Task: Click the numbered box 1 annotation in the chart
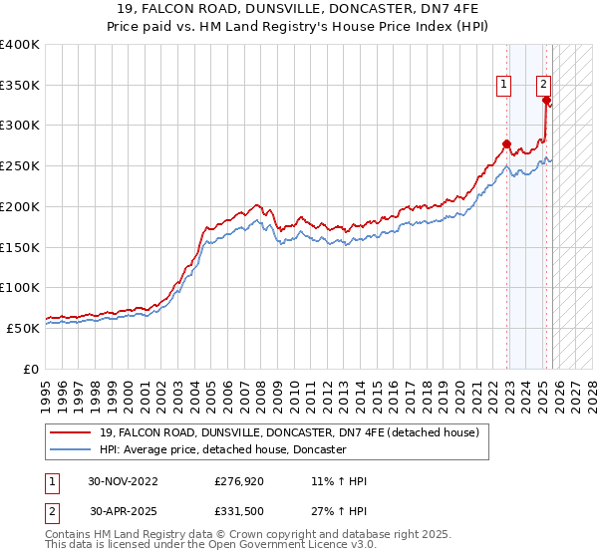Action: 504,86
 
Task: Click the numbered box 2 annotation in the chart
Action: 544,86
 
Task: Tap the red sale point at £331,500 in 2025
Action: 546,100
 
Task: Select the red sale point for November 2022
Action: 506,143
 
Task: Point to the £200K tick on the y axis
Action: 20,206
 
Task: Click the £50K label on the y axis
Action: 23,328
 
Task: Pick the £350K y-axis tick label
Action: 20,86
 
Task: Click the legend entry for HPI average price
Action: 222,450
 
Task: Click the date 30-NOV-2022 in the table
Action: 123,481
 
